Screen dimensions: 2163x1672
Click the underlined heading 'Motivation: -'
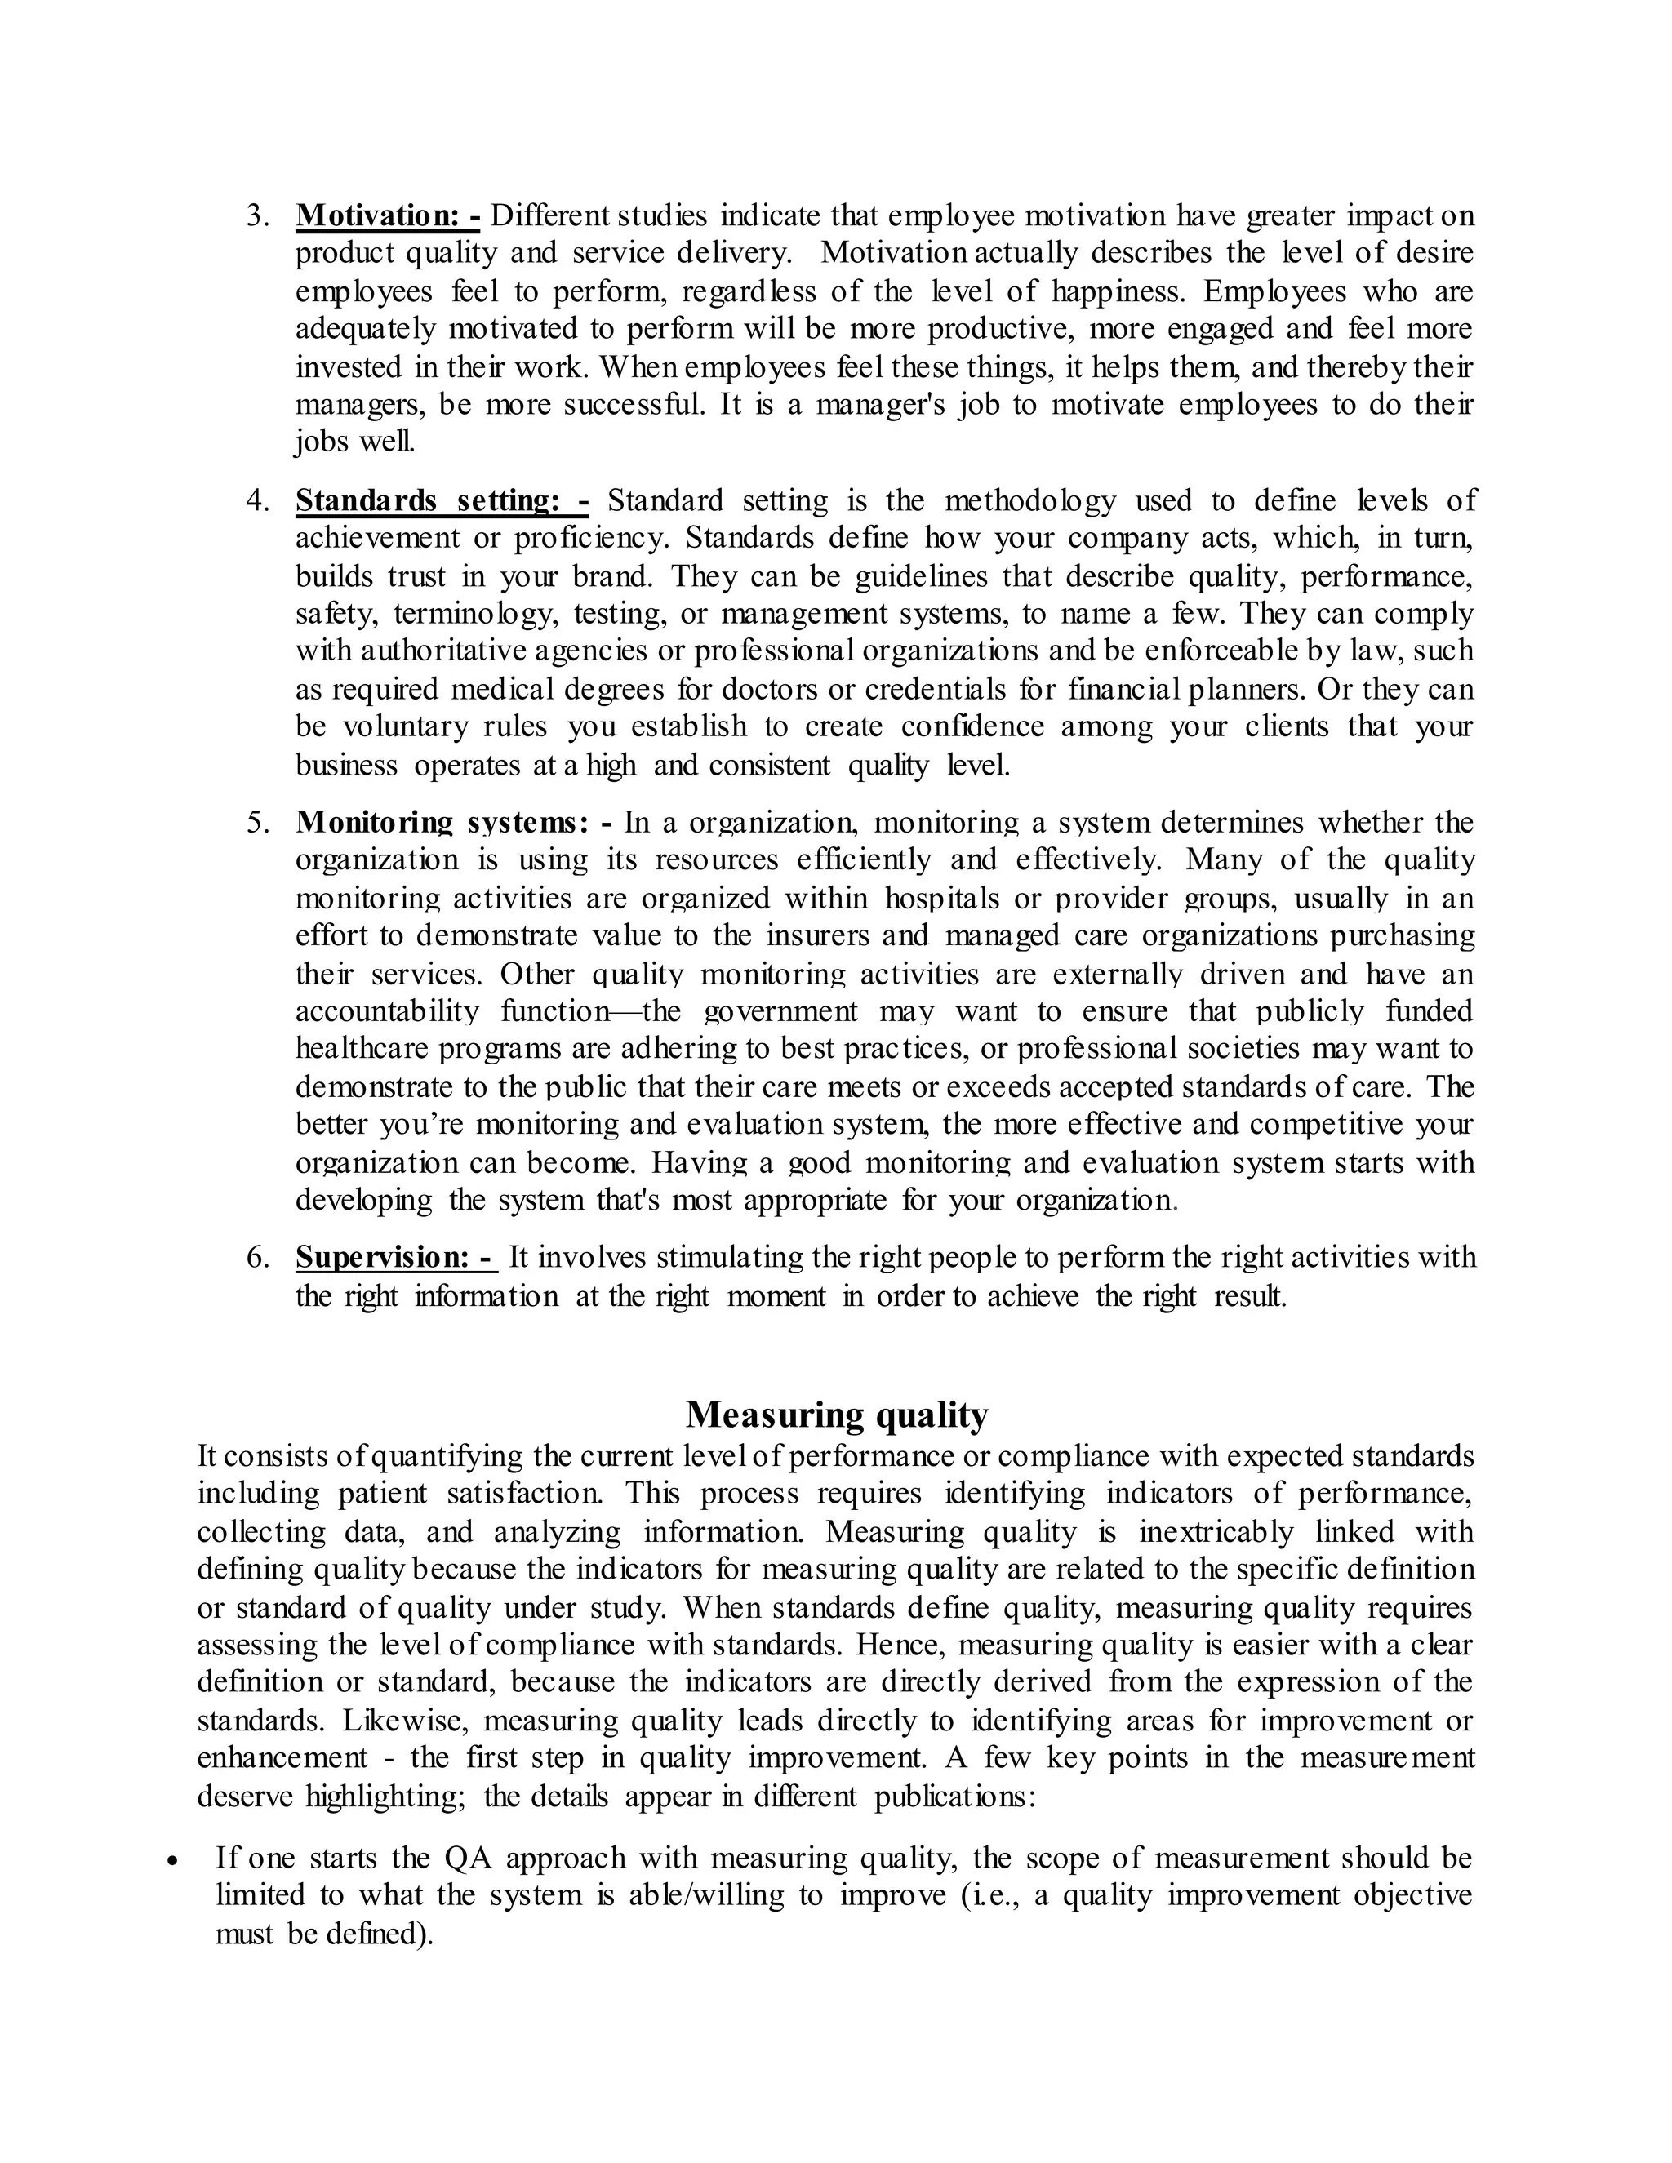point(387,215)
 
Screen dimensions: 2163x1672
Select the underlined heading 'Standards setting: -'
point(441,500)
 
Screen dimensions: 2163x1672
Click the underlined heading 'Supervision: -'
point(394,1257)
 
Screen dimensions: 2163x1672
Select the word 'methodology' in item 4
point(1029,500)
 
